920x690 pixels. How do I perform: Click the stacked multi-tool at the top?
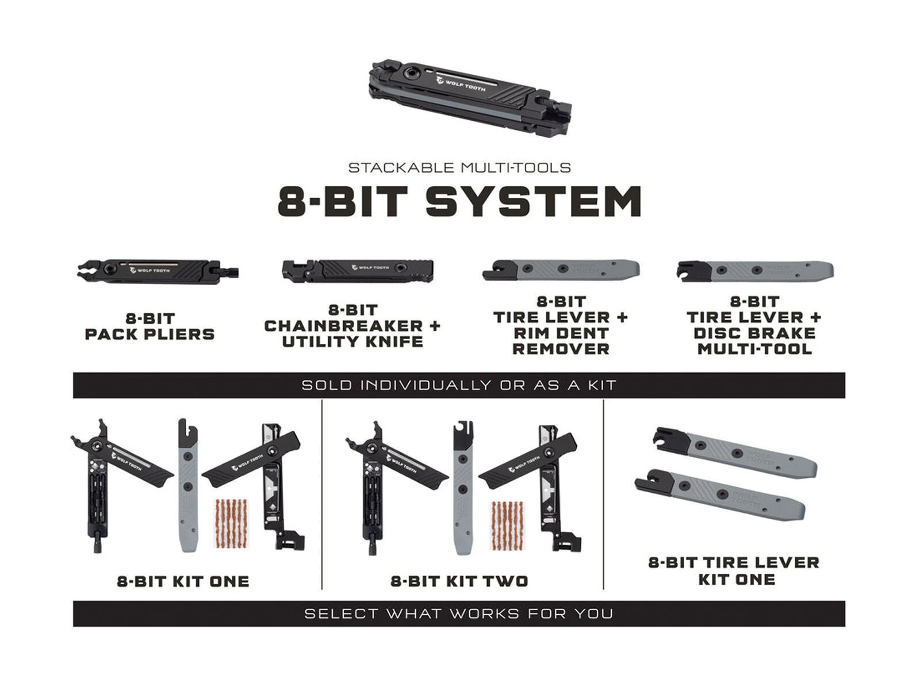(469, 97)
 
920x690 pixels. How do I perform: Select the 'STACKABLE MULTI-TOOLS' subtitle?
(459, 168)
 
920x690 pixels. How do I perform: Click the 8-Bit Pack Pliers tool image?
(156, 270)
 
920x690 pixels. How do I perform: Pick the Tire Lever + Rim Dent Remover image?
(561, 269)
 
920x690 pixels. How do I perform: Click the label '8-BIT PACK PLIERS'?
(149, 326)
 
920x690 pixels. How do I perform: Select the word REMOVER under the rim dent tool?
(561, 349)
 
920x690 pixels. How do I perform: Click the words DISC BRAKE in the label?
(755, 333)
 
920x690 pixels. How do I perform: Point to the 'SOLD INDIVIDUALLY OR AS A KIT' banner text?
(459, 385)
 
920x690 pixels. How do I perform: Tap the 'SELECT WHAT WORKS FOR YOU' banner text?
(459, 614)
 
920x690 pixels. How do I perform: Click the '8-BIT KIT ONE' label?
(183, 581)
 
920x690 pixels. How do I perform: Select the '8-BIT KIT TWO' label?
(459, 581)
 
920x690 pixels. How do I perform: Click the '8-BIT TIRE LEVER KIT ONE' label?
(734, 570)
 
